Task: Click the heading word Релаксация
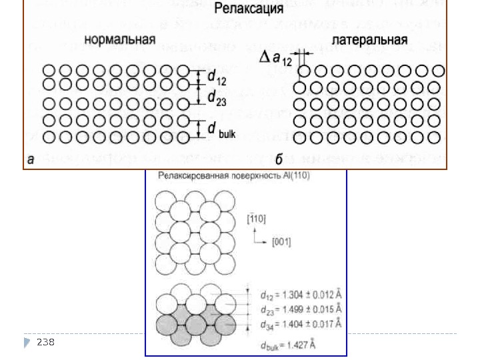(249, 10)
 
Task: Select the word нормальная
(119, 39)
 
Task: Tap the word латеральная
(369, 39)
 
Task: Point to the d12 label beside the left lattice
(216, 77)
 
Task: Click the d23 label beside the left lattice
(216, 99)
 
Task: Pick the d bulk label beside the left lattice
(221, 130)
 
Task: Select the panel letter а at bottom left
(31, 159)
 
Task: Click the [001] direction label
(281, 242)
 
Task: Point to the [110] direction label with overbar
(257, 217)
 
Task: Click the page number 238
(45, 342)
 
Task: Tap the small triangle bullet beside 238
(27, 342)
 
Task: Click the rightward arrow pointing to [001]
(262, 241)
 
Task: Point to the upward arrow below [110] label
(253, 233)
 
